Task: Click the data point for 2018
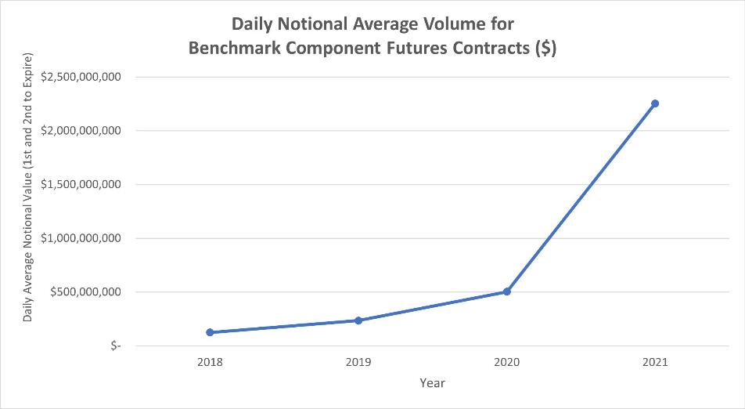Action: (x=210, y=332)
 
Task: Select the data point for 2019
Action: (x=358, y=320)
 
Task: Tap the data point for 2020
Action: (x=506, y=291)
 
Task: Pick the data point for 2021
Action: (x=655, y=103)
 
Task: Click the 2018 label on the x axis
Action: (x=210, y=363)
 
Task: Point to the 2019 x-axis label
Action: (x=358, y=363)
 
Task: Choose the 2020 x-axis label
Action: (x=506, y=363)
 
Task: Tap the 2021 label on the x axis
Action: (x=655, y=363)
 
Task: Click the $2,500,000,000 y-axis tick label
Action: (x=81, y=77)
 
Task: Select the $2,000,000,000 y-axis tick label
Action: (x=81, y=131)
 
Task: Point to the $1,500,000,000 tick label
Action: (x=81, y=185)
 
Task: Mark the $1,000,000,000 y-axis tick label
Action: (x=81, y=238)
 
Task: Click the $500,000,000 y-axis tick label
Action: (x=85, y=292)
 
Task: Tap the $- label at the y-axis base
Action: (x=116, y=346)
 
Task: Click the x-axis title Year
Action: (x=432, y=383)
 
